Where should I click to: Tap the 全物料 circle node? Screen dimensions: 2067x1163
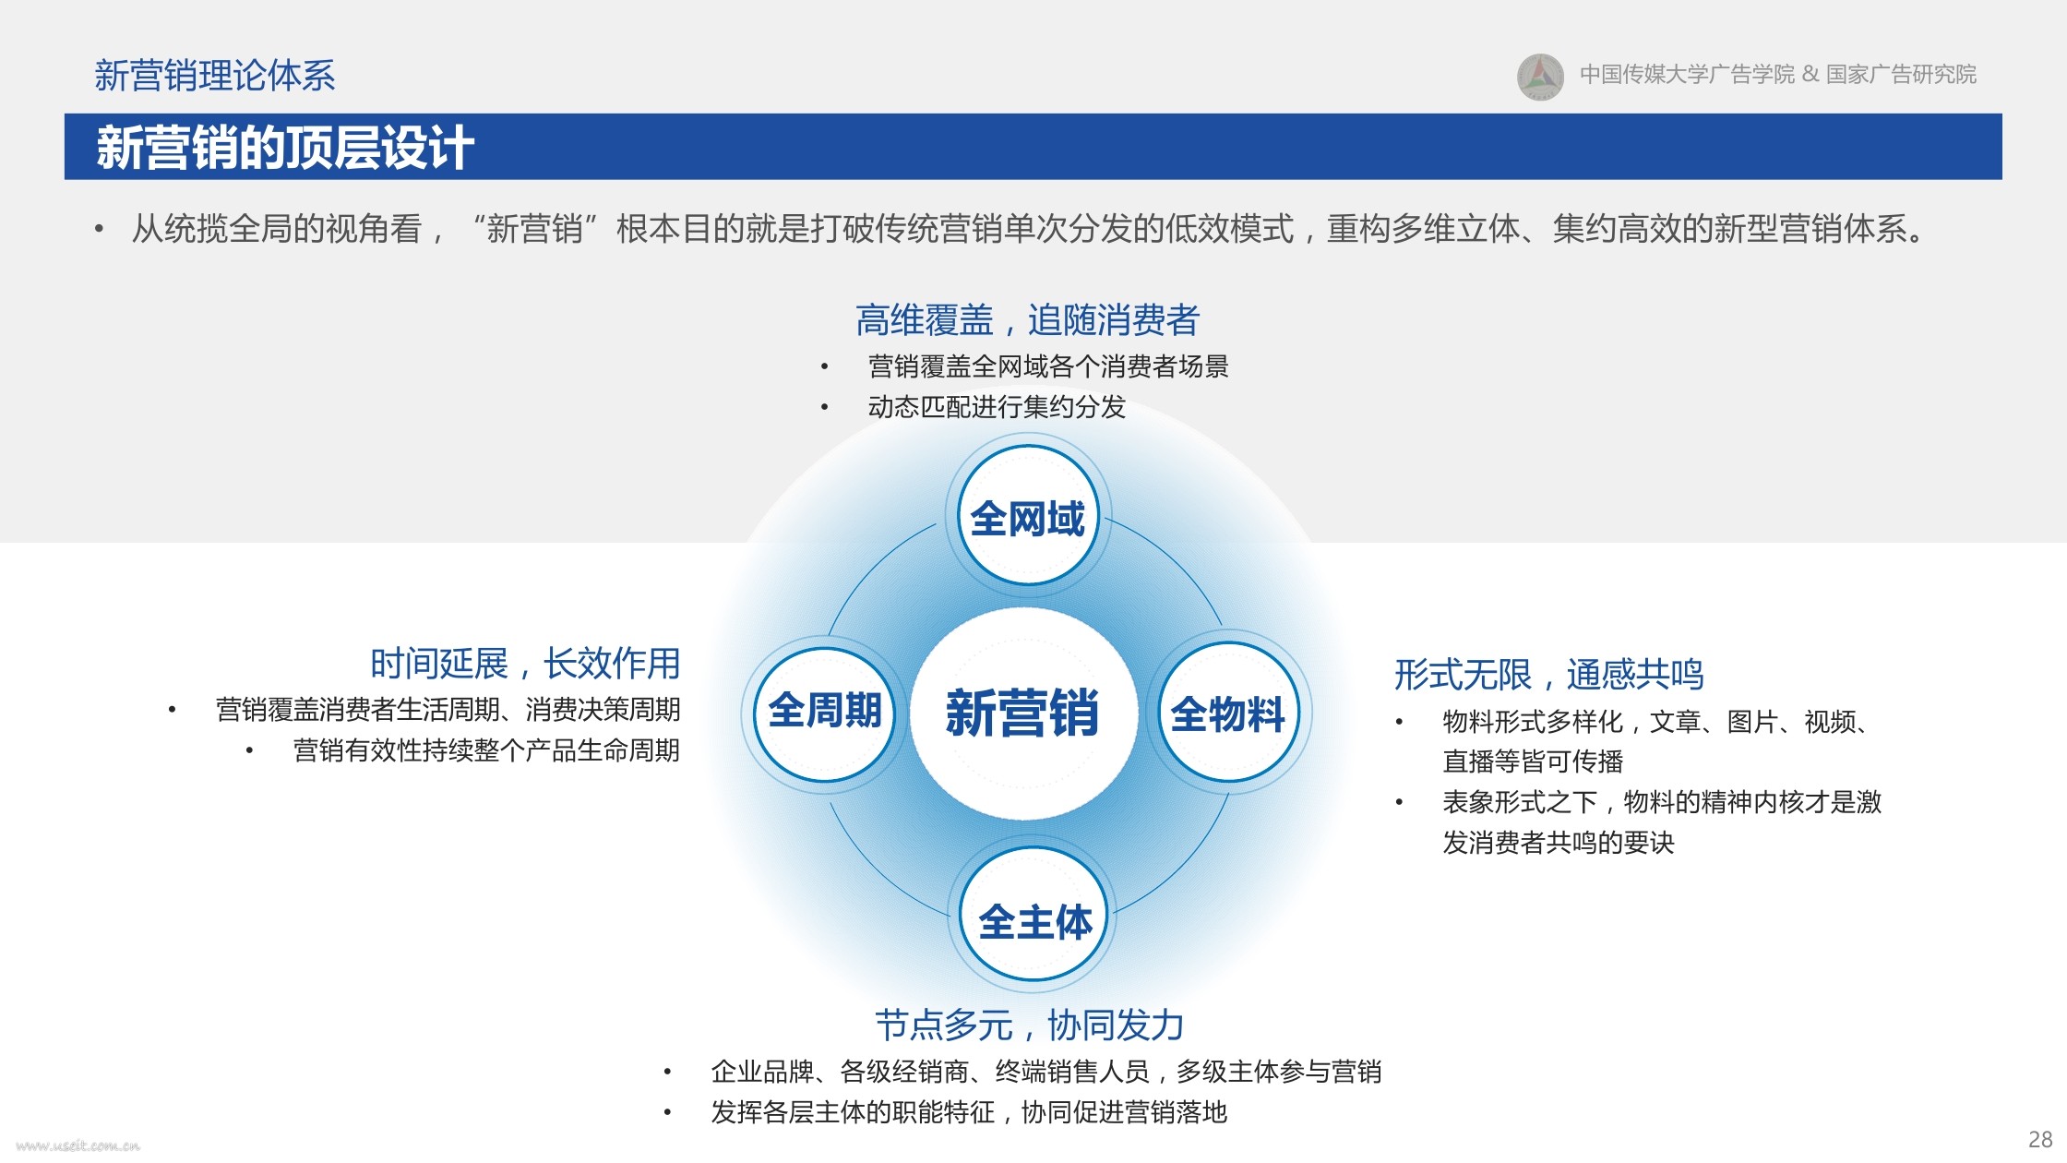click(x=1228, y=713)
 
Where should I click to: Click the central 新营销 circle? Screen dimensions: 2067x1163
click(x=1023, y=713)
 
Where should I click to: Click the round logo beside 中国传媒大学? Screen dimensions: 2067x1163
click(x=1540, y=76)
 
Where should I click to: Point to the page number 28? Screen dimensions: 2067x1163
click(x=2040, y=1139)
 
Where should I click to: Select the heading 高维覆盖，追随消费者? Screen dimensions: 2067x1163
click(x=1027, y=320)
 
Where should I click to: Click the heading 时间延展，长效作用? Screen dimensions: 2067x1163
click(x=525, y=664)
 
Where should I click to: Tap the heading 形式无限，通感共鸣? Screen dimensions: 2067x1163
click(x=1548, y=675)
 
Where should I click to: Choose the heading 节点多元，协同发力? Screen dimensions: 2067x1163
click(x=1029, y=1025)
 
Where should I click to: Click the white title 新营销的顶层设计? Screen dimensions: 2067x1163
click(x=285, y=148)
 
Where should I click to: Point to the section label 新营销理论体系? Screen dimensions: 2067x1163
click(x=215, y=76)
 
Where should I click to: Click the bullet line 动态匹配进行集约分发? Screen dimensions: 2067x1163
click(x=997, y=407)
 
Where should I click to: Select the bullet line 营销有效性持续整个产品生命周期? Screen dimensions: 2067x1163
click(x=486, y=750)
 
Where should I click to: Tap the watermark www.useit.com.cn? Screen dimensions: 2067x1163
click(x=78, y=1145)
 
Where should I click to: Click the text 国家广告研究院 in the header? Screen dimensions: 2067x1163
click(x=1901, y=75)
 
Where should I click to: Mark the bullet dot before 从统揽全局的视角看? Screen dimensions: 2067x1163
click(x=99, y=230)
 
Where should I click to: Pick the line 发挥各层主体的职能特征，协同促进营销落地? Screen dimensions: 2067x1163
click(x=969, y=1112)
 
